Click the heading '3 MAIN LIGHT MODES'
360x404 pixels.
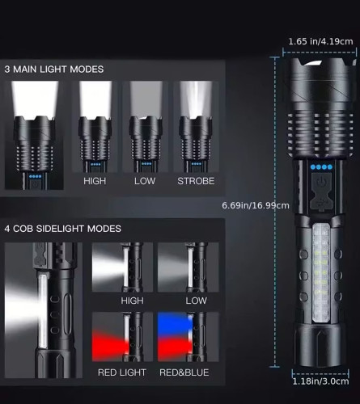pos(54,69)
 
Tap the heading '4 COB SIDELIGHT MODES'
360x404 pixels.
pos(63,229)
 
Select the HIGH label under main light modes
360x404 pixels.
pos(95,181)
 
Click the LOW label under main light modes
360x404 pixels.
pos(145,181)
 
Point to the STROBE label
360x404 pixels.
pos(196,181)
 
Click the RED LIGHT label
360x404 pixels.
pos(122,372)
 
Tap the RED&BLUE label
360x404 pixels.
pos(184,372)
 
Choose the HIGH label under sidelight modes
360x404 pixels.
pos(132,301)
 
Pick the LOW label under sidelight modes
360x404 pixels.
pos(197,301)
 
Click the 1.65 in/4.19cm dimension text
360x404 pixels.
pos(320,41)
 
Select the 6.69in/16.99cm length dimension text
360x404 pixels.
pos(256,205)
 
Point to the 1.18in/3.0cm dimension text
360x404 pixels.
pos(320,381)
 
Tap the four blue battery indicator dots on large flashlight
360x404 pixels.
pos(321,167)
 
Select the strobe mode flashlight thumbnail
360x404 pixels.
pos(196,127)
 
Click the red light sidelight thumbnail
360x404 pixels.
pos(122,337)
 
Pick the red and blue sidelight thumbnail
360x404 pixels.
pos(188,337)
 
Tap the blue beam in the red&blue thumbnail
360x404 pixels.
pos(175,322)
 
